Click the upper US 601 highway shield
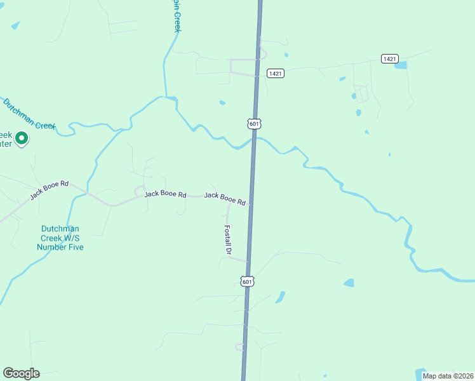coord(254,123)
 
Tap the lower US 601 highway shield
coord(248,281)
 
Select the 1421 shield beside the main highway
coord(275,74)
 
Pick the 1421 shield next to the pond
coord(390,58)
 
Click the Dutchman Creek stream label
coord(29,114)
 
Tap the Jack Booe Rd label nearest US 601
coord(225,199)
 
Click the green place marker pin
coord(21,138)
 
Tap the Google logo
coord(21,373)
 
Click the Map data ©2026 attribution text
coord(448,376)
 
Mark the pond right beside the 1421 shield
coord(401,65)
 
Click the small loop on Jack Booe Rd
coord(139,190)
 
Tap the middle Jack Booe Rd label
coord(165,194)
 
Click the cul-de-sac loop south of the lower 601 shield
coord(239,347)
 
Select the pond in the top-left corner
coord(15,25)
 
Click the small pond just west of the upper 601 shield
coord(222,103)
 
